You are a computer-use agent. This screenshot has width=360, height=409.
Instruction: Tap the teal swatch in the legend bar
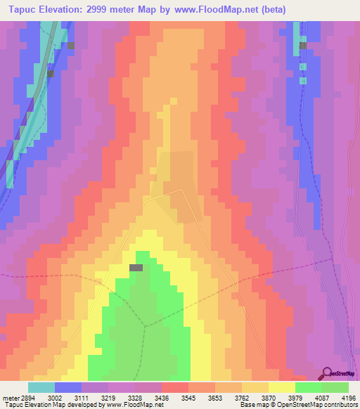pyautogui.click(x=41, y=387)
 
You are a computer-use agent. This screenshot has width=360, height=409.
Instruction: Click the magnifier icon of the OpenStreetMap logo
pyautogui.click(x=326, y=372)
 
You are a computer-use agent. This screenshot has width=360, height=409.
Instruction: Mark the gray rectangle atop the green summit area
pyautogui.click(x=136, y=267)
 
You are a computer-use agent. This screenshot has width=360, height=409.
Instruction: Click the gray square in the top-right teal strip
pyautogui.click(x=303, y=46)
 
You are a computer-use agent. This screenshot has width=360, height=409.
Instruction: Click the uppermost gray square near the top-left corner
pyautogui.click(x=70, y=45)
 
